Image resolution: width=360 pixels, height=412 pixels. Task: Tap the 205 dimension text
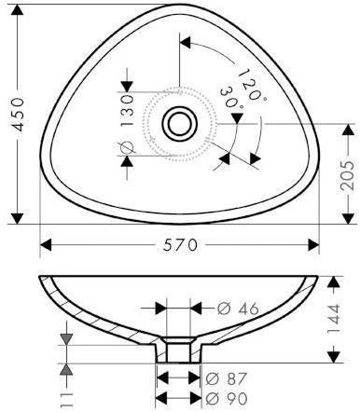[346, 174]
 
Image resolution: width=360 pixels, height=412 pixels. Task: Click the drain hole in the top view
[177, 123]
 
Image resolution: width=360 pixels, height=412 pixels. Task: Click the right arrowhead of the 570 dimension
[314, 245]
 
